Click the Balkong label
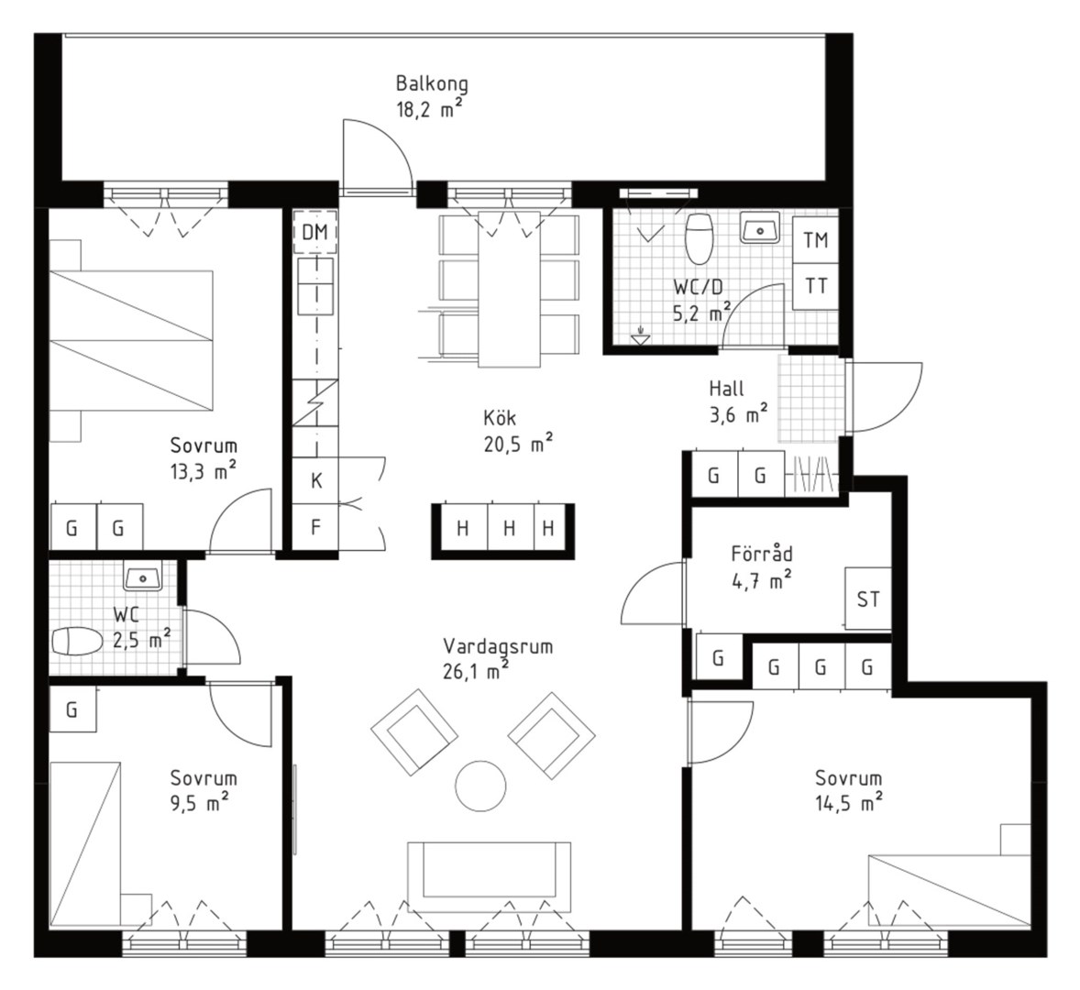coord(432,84)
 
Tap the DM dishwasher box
coord(314,232)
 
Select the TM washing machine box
coord(816,239)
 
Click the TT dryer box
coord(816,286)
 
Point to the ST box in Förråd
coord(868,599)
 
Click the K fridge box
coord(316,479)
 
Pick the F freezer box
coord(316,527)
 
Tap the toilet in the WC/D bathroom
coord(700,238)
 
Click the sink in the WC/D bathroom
coord(760,227)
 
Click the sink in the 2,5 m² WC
coord(143,576)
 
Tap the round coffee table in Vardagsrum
coord(480,786)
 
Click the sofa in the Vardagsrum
coord(489,875)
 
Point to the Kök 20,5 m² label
coord(518,431)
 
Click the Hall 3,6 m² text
coord(738,401)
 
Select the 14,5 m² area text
coord(849,803)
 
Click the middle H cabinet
coord(510,528)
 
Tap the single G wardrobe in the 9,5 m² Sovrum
coord(72,709)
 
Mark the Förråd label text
coord(762,554)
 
